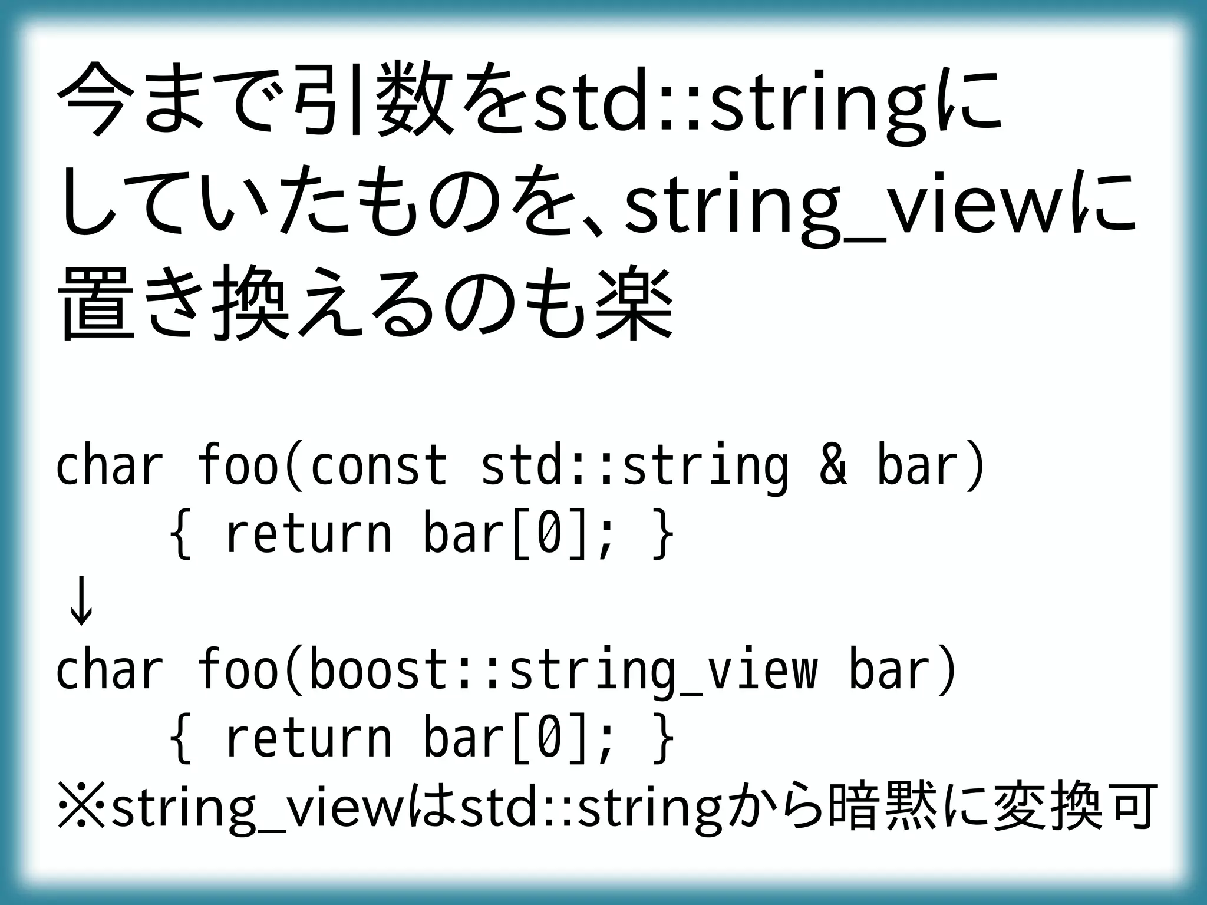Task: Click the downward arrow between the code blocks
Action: point(81,602)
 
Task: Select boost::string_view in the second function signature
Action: point(563,672)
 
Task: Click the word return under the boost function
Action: point(308,739)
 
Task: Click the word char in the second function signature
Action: point(110,672)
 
